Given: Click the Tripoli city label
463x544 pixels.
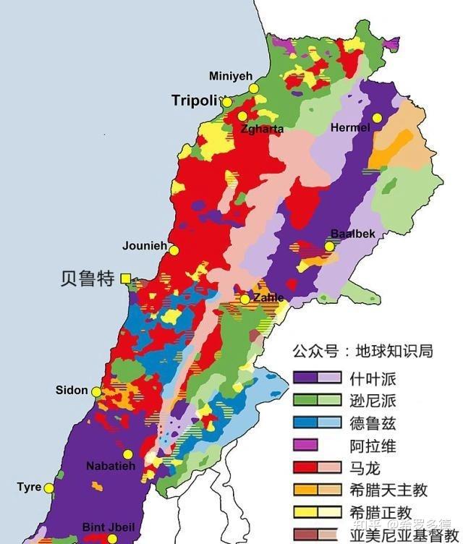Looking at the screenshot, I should click(195, 101).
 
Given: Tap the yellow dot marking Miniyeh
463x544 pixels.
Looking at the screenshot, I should click(254, 88).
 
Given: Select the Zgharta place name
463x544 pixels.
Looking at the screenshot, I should click(262, 129).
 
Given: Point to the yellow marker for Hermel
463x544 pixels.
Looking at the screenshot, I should click(376, 118).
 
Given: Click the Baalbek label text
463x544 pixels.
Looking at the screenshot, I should click(352, 233).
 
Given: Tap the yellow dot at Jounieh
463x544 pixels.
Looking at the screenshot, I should click(174, 250).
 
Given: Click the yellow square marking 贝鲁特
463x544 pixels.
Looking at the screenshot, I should click(126, 278).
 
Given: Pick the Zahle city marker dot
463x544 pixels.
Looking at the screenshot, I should click(245, 299).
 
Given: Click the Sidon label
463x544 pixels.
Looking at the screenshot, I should click(72, 390).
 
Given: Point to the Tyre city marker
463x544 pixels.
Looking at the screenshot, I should click(49, 488).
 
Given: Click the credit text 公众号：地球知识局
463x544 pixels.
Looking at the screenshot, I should click(362, 352).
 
